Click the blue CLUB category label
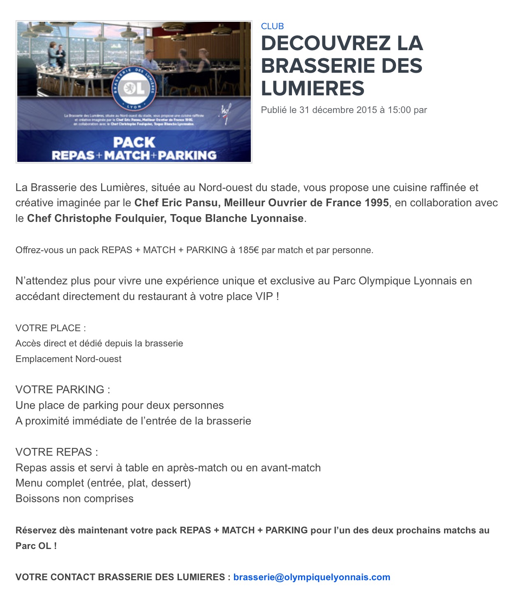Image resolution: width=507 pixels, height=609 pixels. pyautogui.click(x=272, y=26)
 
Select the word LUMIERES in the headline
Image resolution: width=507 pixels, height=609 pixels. pyautogui.click(x=313, y=88)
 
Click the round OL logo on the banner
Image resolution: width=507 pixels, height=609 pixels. pyautogui.click(x=134, y=88)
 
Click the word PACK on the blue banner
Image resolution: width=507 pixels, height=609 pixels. pyautogui.click(x=134, y=142)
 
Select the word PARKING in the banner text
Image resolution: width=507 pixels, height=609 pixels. pyautogui.click(x=188, y=155)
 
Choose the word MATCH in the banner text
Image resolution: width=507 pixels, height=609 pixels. pyautogui.click(x=127, y=155)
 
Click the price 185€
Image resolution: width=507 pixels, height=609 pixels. pyautogui.click(x=248, y=250)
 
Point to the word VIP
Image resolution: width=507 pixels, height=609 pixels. pyautogui.click(x=264, y=296)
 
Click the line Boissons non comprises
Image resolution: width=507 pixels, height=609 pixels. pyautogui.click(x=74, y=499)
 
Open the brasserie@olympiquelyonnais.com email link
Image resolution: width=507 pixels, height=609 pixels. pyautogui.click(x=312, y=577)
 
